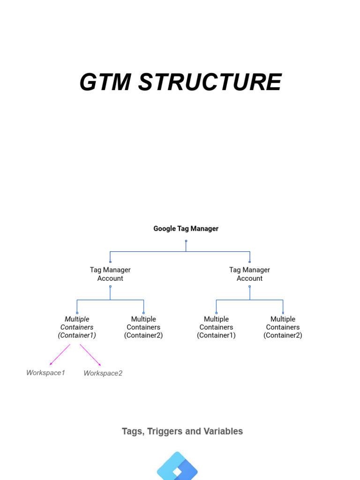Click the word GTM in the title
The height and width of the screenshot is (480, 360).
[105, 82]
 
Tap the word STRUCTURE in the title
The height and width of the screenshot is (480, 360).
[210, 82]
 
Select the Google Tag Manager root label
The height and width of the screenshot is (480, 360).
[186, 229]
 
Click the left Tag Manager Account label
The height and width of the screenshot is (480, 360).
[110, 274]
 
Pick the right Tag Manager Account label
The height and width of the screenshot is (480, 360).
[249, 274]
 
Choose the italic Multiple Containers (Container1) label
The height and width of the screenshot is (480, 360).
[77, 327]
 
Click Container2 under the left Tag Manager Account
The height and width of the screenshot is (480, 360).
[143, 327]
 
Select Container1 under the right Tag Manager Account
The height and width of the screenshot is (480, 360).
[216, 327]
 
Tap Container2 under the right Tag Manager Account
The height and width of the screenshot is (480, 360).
[283, 327]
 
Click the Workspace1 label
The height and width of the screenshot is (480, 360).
[45, 373]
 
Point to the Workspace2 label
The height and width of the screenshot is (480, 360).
[103, 373]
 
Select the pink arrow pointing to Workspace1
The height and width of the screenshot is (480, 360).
[60, 355]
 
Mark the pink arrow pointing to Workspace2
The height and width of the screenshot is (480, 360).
[90, 355]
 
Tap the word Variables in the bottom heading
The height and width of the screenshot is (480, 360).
[222, 431]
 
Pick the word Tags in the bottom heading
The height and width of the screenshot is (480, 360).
[133, 431]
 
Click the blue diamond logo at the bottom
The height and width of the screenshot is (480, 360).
[177, 467]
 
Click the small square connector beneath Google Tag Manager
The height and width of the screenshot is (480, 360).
[186, 241]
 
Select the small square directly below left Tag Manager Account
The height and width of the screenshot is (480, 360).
[110, 286]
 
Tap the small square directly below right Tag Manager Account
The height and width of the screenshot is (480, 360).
[249, 286]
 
